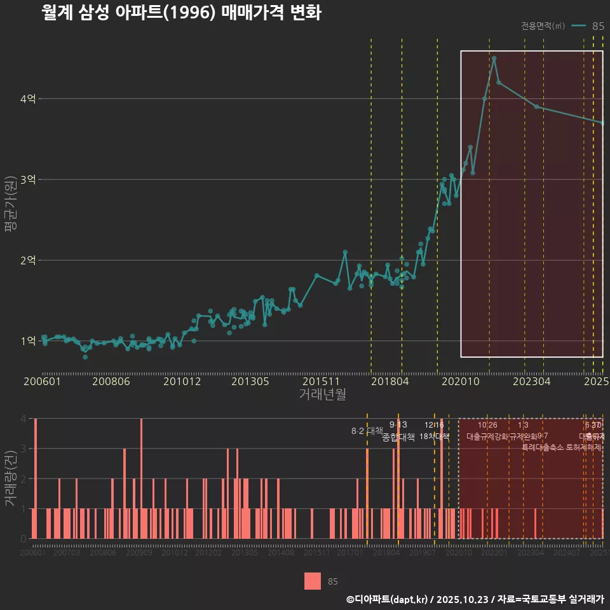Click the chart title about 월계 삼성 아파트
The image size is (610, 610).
click(x=180, y=13)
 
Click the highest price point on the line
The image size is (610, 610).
click(x=494, y=58)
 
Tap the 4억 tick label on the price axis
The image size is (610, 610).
click(x=29, y=99)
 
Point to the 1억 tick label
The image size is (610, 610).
click(x=29, y=341)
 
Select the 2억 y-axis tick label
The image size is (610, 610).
click(x=29, y=261)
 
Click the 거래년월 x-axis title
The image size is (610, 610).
click(x=322, y=394)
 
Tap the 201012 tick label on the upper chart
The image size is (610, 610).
click(x=182, y=381)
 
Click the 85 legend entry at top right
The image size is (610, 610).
click(x=597, y=26)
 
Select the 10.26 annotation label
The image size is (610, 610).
click(x=487, y=425)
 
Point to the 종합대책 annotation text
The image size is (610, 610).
click(x=398, y=437)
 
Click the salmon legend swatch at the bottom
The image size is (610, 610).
click(x=313, y=581)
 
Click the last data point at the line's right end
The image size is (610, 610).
click(x=602, y=123)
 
